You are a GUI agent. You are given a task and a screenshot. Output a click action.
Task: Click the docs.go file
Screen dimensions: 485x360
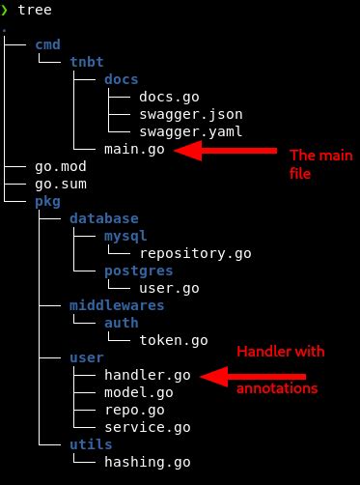click(168, 97)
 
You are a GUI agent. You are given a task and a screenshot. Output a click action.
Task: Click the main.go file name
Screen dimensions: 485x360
click(133, 150)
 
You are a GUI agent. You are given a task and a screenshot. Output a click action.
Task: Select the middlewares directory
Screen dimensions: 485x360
click(116, 306)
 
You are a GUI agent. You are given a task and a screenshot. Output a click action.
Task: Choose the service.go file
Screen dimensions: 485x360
click(147, 427)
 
